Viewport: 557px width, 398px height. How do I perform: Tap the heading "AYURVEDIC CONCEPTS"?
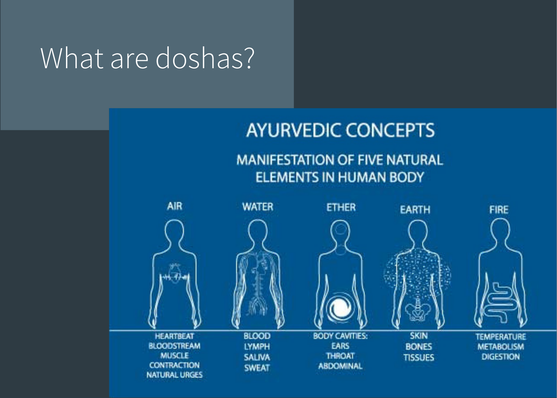340,130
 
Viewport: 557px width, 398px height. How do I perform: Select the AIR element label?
175,206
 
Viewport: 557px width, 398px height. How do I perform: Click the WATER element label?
258,207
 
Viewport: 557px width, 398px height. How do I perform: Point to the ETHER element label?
341,207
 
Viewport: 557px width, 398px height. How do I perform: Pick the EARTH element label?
415,210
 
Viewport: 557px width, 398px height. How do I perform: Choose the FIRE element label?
499,210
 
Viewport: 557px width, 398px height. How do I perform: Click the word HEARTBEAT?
174,336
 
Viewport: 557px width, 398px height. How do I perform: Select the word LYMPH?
257,347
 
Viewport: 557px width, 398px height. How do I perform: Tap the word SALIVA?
257,357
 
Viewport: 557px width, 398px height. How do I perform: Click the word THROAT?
340,356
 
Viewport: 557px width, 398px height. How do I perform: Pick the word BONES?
419,347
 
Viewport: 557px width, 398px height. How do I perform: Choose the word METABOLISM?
500,347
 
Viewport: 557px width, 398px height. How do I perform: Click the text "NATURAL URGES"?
174,375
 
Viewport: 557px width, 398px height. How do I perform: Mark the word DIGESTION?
500,357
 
